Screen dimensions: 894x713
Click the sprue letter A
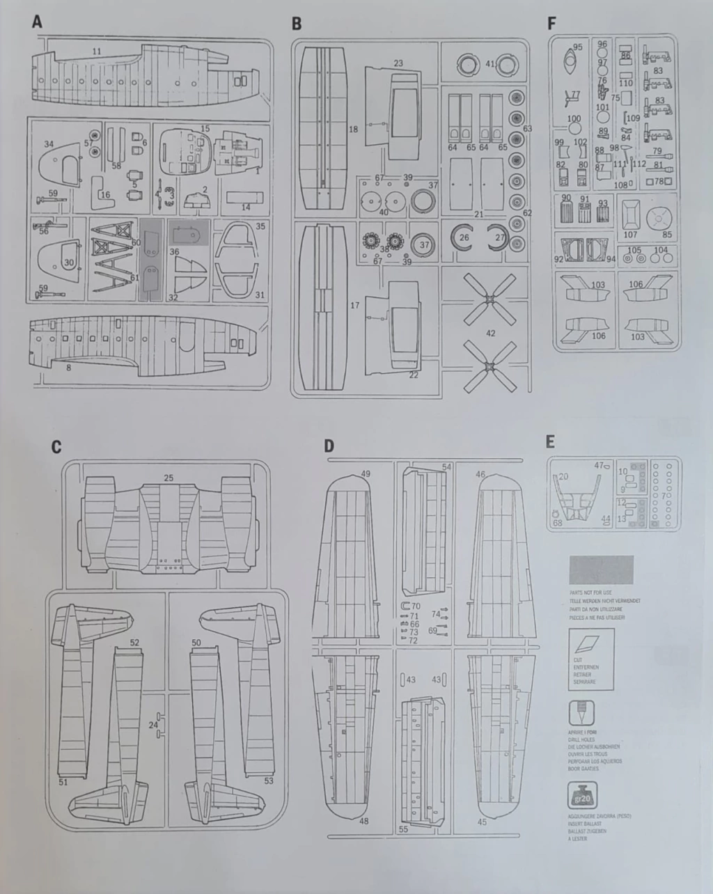(x=37, y=22)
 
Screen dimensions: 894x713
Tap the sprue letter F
(x=552, y=23)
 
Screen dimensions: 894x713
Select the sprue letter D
(x=329, y=445)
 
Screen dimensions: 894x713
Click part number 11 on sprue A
(x=97, y=52)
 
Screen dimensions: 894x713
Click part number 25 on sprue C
(x=169, y=478)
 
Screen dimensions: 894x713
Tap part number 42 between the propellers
(x=491, y=334)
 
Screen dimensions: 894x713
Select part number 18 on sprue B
(x=354, y=130)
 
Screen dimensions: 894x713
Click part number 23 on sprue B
(x=398, y=63)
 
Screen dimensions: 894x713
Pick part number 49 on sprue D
(x=366, y=474)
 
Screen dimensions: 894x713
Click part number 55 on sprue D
(x=403, y=829)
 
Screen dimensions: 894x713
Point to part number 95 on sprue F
(x=577, y=47)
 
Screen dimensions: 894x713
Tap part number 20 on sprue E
(x=563, y=476)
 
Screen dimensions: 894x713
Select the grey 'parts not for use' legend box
(x=602, y=570)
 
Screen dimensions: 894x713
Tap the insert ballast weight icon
(x=581, y=795)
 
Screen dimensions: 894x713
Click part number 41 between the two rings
(x=490, y=64)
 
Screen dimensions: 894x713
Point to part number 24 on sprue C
(x=152, y=725)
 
